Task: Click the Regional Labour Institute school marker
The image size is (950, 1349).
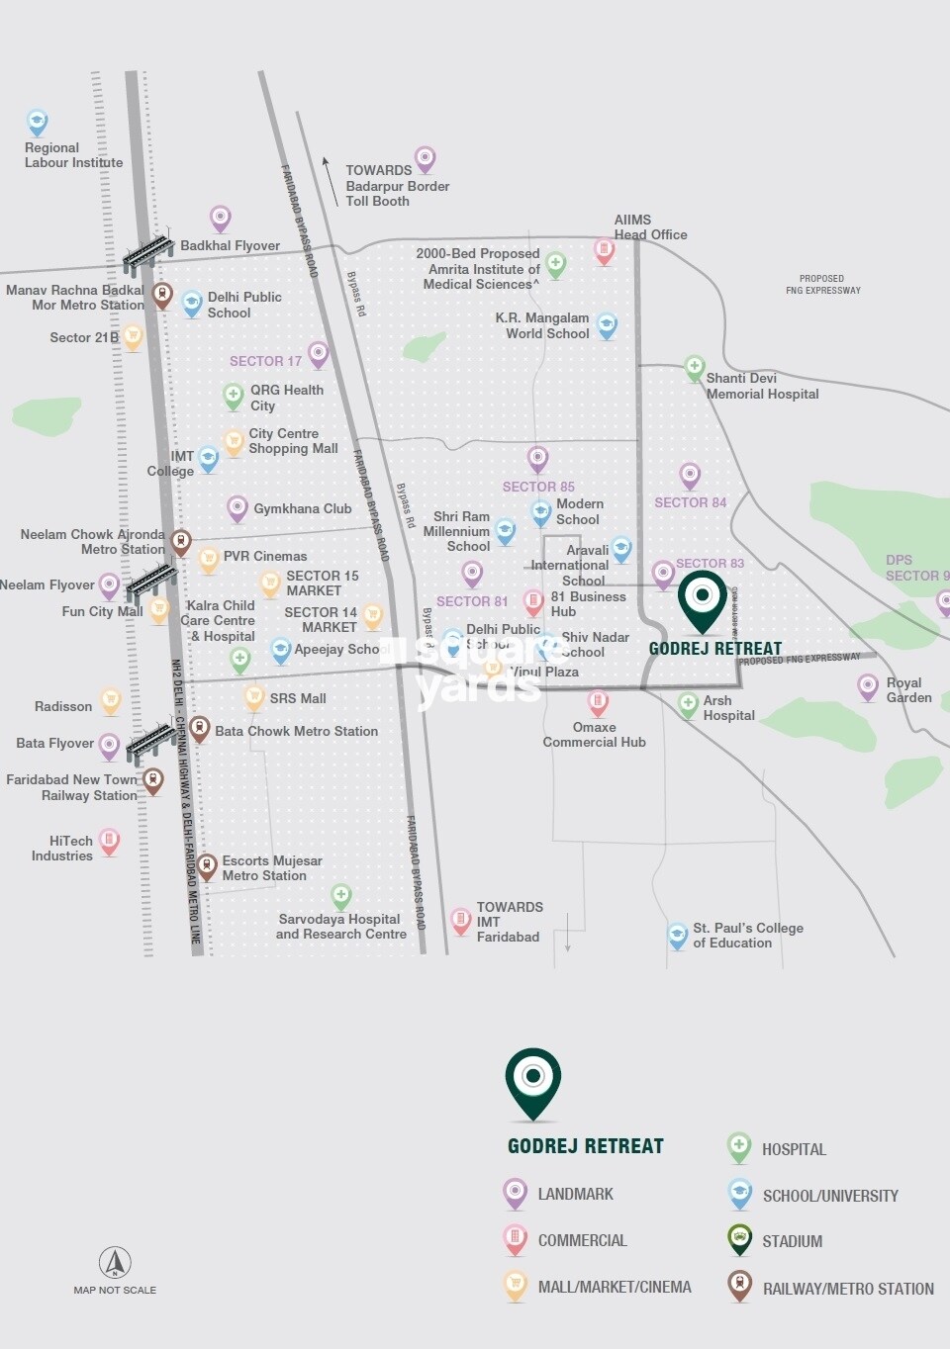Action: point(37,122)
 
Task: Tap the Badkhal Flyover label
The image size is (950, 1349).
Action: point(230,245)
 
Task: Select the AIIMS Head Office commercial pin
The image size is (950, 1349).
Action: point(604,250)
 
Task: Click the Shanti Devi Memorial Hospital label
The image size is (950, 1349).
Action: point(762,386)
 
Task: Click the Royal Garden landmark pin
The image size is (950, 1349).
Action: point(868,685)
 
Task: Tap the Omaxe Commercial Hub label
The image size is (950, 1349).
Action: point(594,735)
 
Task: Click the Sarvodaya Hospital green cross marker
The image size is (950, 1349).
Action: point(341,896)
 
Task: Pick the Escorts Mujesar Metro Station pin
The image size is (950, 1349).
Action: point(206,866)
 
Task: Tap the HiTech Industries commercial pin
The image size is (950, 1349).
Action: point(109,842)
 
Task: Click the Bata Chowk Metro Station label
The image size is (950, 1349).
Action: point(296,731)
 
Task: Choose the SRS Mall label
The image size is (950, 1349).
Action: point(298,698)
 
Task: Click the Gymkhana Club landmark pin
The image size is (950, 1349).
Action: point(237,508)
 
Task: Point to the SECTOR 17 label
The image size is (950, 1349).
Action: point(265,361)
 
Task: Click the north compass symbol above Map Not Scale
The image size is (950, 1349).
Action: point(115,1262)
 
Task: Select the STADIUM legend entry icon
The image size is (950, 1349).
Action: point(739,1238)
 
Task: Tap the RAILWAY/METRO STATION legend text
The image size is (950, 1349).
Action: point(848,1289)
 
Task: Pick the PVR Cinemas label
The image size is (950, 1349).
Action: point(265,556)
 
